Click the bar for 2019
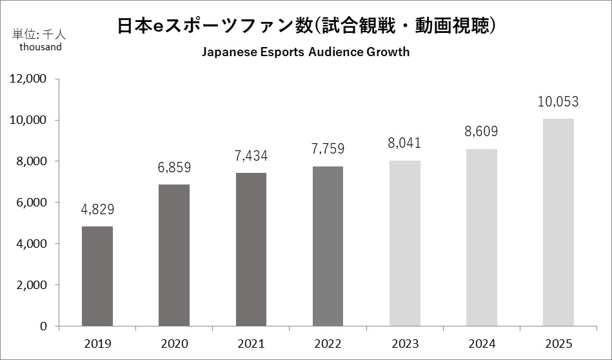[x=97, y=276]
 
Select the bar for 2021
[x=251, y=249]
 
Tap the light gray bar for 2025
[x=558, y=222]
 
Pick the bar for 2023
[x=404, y=243]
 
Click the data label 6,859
[x=174, y=168]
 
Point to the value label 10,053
[x=558, y=102]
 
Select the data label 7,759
[x=328, y=149]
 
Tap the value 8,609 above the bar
[x=481, y=132]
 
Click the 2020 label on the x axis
[x=174, y=343]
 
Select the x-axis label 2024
[x=481, y=343]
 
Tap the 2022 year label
[x=328, y=343]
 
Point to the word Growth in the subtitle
[x=387, y=52]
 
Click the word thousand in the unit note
[x=41, y=46]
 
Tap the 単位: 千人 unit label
[x=37, y=34]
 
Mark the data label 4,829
[x=97, y=210]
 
